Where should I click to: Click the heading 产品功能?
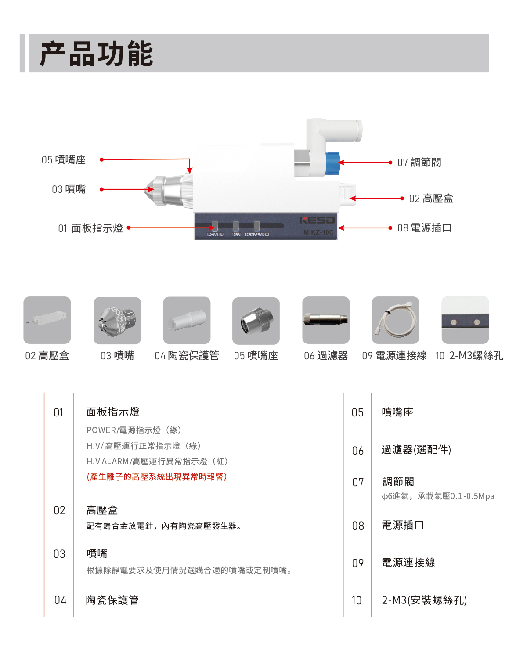96,54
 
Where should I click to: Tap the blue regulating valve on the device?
332,163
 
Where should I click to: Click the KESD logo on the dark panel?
317,220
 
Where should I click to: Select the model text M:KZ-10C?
318,232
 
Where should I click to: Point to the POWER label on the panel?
215,235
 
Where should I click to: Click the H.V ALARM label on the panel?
257,235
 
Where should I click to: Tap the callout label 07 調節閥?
419,163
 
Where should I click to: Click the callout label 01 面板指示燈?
90,228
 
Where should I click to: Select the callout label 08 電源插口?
424,228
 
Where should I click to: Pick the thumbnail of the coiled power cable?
395,320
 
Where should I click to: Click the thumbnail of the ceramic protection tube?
187,320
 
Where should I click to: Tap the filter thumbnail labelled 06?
326,320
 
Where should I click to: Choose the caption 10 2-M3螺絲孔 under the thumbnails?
469,356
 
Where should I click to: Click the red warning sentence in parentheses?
157,477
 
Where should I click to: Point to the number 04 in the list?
60,600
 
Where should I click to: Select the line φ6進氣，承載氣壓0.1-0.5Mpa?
438,496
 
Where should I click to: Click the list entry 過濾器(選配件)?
416,450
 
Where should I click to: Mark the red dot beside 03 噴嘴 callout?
101,189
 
